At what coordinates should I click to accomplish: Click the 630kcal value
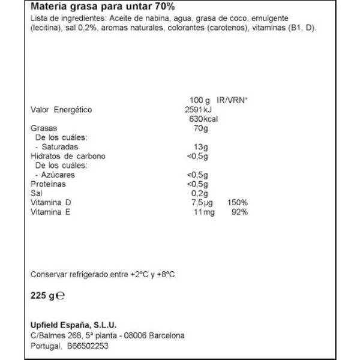coord(202,119)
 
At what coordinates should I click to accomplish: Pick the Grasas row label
coord(43,128)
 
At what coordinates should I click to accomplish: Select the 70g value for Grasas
coord(200,128)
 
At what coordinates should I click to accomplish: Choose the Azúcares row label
coord(58,175)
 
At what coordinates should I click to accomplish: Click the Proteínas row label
coord(47,184)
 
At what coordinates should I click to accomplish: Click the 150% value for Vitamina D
coord(238,203)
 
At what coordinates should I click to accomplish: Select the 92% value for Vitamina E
coord(239,212)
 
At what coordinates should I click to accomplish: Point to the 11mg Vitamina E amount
coord(202,212)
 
